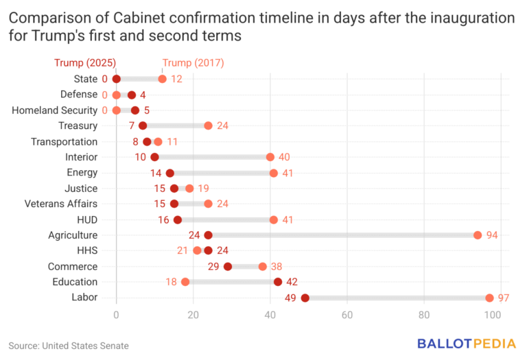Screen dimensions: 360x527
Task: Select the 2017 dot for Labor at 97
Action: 489,298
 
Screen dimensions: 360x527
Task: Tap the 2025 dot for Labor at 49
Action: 305,298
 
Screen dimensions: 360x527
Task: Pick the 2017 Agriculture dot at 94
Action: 478,235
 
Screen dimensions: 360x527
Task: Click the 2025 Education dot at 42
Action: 278,282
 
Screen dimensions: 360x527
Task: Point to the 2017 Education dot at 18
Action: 185,282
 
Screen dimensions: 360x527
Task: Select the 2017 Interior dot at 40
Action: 270,157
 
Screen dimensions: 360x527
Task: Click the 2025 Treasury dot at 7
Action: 143,125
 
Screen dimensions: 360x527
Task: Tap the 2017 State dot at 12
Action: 162,79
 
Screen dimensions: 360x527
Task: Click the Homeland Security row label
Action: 55,110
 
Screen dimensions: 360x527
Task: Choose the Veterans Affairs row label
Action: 61,204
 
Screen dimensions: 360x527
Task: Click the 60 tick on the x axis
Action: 347,315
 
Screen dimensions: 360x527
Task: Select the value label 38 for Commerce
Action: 278,266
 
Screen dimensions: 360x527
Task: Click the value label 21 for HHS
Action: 183,251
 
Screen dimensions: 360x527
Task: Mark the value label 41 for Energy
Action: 288,173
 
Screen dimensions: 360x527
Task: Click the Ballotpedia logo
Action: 465,344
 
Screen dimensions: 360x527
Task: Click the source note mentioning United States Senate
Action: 69,346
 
